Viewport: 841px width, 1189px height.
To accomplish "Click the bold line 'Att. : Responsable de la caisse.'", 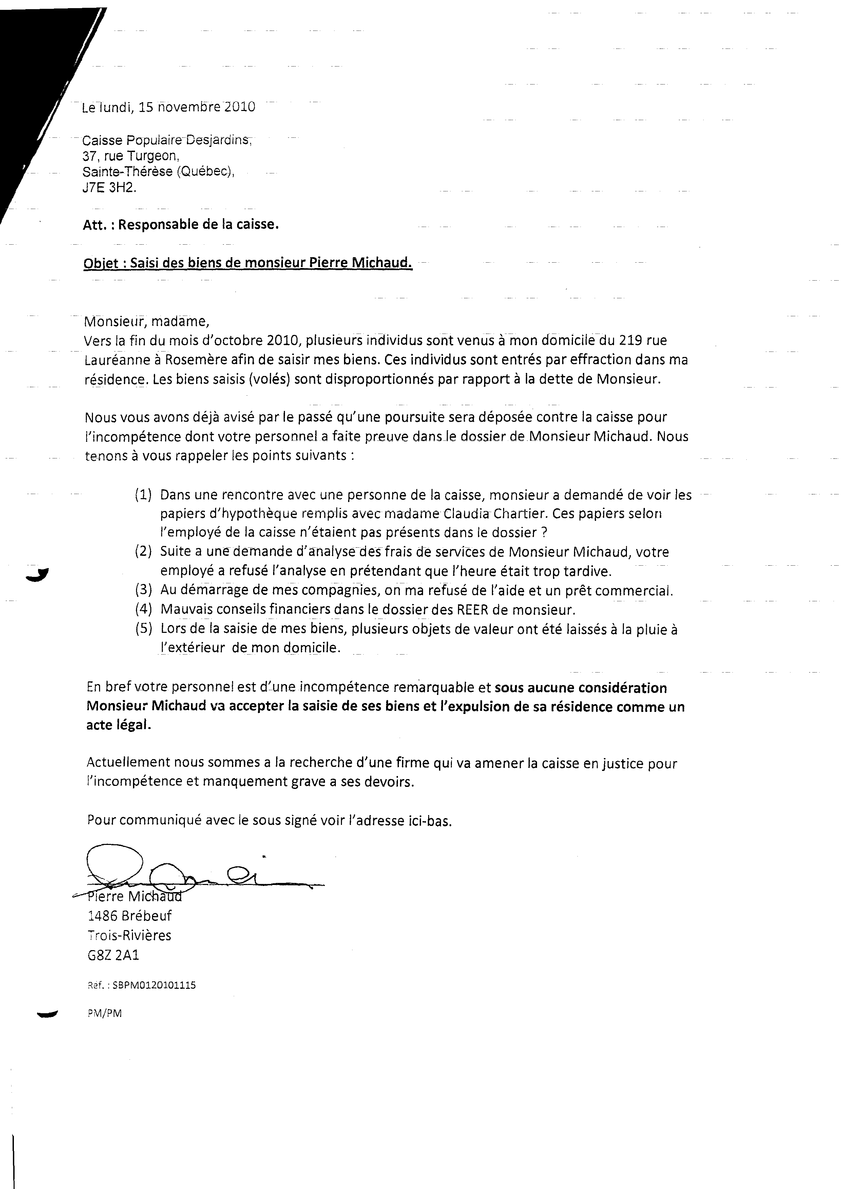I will pos(181,225).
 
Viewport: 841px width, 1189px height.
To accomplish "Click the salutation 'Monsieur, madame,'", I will pos(147,322).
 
